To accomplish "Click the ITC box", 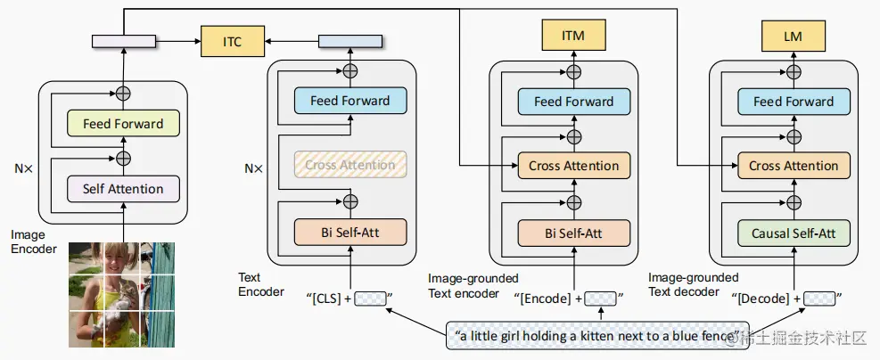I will pos(231,40).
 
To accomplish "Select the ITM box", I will pos(573,36).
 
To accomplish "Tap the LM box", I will pos(793,36).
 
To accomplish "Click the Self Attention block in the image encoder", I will pos(123,189).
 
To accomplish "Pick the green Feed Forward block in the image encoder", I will pos(123,123).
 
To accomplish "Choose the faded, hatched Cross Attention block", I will pos(350,165).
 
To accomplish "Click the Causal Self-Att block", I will pos(794,233).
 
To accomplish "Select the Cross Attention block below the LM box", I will pos(794,166).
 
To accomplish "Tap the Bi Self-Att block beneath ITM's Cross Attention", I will pos(573,233).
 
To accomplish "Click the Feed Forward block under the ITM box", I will pos(573,102).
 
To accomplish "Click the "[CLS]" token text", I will pos(325,299).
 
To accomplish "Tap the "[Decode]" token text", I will pos(763,299).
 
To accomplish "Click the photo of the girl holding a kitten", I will pos(123,294).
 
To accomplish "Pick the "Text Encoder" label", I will pos(261,285).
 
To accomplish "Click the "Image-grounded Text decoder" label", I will pos(693,285).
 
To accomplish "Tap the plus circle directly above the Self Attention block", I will pos(123,158).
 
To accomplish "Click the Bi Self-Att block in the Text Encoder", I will pos(350,233).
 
